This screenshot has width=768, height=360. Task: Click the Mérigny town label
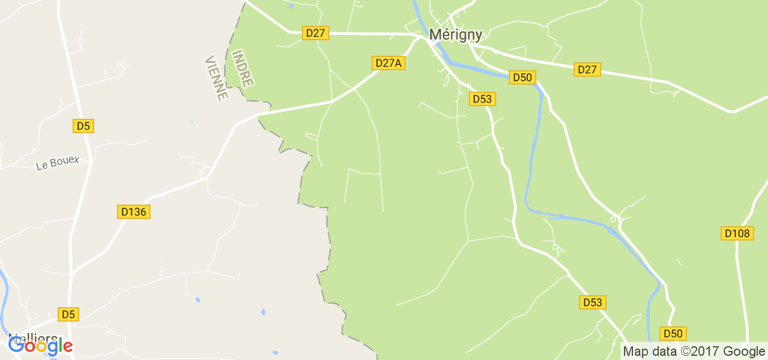pyautogui.click(x=455, y=35)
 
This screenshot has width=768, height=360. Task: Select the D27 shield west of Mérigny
pyautogui.click(x=316, y=33)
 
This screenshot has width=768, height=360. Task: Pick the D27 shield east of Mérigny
pyautogui.click(x=587, y=70)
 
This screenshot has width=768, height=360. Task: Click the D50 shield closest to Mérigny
pyautogui.click(x=522, y=77)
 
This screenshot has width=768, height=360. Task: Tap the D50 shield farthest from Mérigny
pyautogui.click(x=673, y=334)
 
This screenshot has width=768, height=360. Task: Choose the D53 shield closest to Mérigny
pyautogui.click(x=482, y=99)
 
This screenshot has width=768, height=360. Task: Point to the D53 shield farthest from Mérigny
pyautogui.click(x=592, y=302)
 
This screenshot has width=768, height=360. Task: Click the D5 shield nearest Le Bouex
pyautogui.click(x=83, y=126)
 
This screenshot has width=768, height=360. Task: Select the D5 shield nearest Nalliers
pyautogui.click(x=69, y=314)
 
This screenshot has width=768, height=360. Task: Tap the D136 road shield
pyautogui.click(x=133, y=212)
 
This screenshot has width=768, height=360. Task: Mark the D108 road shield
pyautogui.click(x=737, y=233)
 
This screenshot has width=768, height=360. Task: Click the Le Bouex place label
pyautogui.click(x=58, y=163)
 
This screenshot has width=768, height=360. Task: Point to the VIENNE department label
pyautogui.click(x=216, y=78)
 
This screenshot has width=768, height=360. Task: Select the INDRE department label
pyautogui.click(x=242, y=68)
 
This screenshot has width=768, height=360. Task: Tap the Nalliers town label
pyautogui.click(x=33, y=338)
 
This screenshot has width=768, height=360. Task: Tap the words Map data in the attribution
pyautogui.click(x=646, y=352)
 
